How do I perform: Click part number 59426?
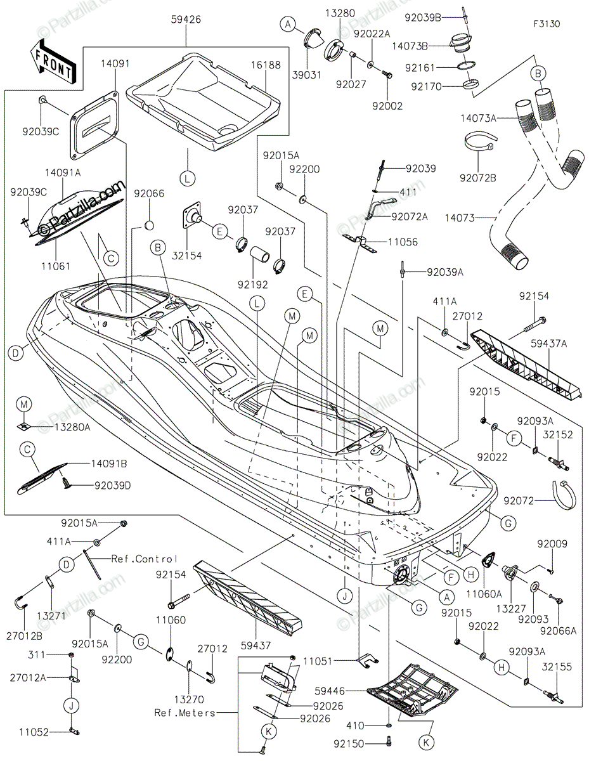(x=186, y=19)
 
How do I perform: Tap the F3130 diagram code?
(x=547, y=24)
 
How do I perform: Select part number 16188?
(x=266, y=65)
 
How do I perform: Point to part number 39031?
(x=307, y=75)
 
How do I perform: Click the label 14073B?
(x=410, y=46)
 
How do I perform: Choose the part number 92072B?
(x=478, y=178)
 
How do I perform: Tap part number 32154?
(x=187, y=256)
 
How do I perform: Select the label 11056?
(x=403, y=242)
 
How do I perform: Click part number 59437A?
(x=548, y=344)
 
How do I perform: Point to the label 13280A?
(x=72, y=427)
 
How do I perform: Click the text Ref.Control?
(x=144, y=559)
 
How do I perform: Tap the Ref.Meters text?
(x=184, y=713)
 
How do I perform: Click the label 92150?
(x=349, y=744)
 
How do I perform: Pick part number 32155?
(x=557, y=667)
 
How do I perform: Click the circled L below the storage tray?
(x=187, y=179)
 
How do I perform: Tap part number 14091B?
(x=109, y=464)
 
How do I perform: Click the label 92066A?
(x=558, y=631)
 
